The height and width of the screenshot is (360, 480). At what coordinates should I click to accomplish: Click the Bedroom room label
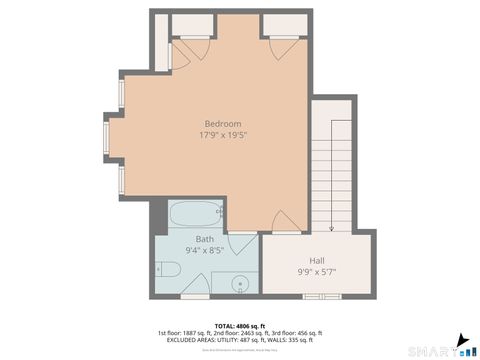coord(223,123)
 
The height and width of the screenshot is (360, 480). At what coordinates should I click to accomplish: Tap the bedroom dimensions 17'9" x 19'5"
coord(223,134)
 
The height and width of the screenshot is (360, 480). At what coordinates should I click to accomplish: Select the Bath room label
coord(204,239)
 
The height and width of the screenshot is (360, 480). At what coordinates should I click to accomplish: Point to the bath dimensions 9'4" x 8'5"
coord(204,250)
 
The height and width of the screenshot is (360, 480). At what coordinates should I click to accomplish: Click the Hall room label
coord(316,261)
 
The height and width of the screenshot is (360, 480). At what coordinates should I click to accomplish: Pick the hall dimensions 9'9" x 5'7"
coord(316,272)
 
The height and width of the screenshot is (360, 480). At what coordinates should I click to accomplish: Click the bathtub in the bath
coord(193,216)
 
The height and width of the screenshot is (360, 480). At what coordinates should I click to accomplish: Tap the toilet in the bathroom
coord(168,269)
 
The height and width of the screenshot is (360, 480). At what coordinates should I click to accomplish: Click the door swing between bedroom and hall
coord(283,222)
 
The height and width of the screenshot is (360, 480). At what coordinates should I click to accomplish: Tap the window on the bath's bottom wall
coord(195,297)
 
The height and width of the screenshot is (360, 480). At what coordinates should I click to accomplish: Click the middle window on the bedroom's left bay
coord(108,135)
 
